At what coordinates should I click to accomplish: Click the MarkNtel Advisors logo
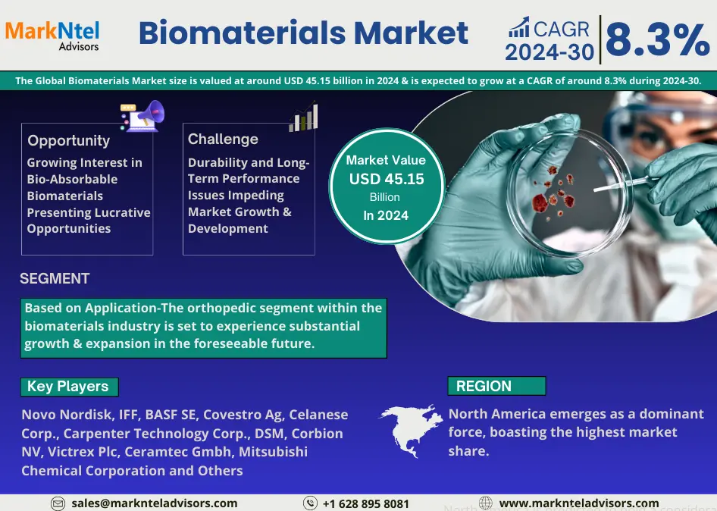tap(52, 36)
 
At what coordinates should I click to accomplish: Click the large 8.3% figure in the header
tap(658, 39)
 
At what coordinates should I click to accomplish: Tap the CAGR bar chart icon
tap(519, 27)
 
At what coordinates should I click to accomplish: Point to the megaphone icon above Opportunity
tap(142, 116)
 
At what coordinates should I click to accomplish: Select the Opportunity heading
tap(68, 140)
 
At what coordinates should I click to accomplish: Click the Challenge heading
tap(223, 139)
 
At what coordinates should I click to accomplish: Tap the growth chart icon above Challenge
tap(303, 117)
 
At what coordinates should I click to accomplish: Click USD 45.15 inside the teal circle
tap(387, 179)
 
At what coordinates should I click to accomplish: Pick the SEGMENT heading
tap(55, 278)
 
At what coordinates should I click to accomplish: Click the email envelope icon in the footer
tap(58, 503)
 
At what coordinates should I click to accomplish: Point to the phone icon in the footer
tap(310, 503)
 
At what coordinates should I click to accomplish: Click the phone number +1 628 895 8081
tap(366, 503)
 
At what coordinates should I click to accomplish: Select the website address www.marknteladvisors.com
tap(579, 503)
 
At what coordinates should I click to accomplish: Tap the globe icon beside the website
tap(486, 503)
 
